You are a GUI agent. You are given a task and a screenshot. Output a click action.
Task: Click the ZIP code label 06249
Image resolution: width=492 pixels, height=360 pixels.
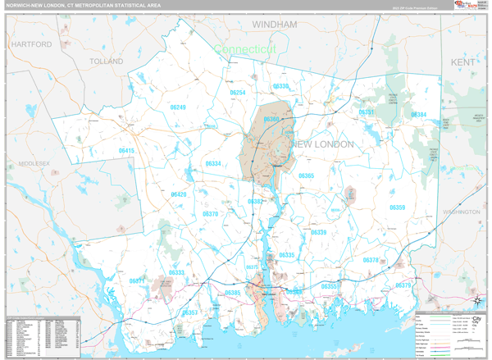click(178, 107)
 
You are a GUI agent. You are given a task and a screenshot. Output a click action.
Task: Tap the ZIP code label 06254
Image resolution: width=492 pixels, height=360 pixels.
click(238, 93)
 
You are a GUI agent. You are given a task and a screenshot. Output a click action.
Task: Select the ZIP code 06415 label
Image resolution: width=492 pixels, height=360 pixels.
click(126, 151)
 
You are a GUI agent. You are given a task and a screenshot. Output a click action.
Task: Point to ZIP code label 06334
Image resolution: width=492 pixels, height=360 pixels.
click(213, 164)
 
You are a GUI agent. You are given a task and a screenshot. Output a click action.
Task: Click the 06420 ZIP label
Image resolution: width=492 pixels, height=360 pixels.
click(179, 194)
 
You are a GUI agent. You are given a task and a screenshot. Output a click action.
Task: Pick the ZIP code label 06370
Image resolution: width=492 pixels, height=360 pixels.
click(211, 214)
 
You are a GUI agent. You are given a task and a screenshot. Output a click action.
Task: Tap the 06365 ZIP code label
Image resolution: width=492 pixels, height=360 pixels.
click(307, 176)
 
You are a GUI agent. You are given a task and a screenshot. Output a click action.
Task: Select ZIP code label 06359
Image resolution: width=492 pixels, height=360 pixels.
click(397, 207)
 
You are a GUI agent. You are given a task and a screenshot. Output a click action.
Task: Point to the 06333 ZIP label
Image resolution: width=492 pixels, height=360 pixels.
click(177, 273)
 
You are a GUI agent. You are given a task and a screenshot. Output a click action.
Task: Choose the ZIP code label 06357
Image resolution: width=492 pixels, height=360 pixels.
click(190, 312)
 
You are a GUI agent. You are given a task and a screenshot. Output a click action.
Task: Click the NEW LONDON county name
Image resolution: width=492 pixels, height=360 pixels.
click(323, 144)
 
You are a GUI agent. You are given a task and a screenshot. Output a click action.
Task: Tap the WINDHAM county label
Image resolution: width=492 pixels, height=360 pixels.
click(274, 25)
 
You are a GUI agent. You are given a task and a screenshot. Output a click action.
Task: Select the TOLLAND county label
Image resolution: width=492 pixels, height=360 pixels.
click(106, 62)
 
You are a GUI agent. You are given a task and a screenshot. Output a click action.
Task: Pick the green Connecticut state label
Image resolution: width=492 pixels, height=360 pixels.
click(245, 49)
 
